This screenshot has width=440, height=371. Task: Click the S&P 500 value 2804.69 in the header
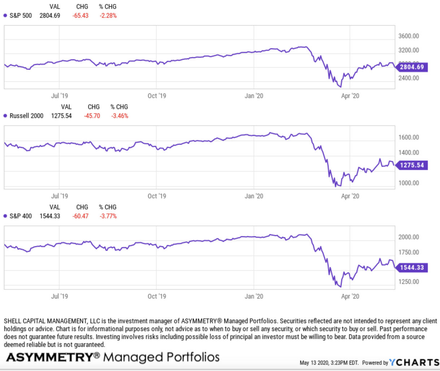click(x=50, y=16)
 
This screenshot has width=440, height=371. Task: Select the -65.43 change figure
click(x=80, y=16)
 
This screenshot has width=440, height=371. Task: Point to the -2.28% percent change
click(x=108, y=16)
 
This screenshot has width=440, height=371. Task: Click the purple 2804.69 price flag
click(x=412, y=67)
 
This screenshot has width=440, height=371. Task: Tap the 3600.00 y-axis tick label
click(x=409, y=36)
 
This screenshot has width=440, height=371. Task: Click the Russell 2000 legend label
click(x=26, y=116)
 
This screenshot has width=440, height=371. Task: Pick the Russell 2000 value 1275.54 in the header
click(x=61, y=116)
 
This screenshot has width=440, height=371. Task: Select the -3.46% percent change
click(x=120, y=116)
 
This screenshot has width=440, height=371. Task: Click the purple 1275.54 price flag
click(x=412, y=165)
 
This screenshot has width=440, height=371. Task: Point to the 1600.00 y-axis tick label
click(x=409, y=138)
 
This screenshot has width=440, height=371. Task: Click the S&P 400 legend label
click(x=21, y=216)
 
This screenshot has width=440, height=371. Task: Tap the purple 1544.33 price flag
click(x=412, y=268)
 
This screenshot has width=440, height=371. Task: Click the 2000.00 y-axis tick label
click(x=409, y=237)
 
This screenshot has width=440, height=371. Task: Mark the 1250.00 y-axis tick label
click(x=409, y=281)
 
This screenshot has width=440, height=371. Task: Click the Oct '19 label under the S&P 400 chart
click(x=157, y=296)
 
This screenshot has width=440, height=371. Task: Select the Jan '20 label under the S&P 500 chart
click(x=254, y=96)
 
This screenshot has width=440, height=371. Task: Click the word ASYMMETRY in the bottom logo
click(x=49, y=357)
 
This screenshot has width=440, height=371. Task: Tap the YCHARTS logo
click(x=414, y=362)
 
